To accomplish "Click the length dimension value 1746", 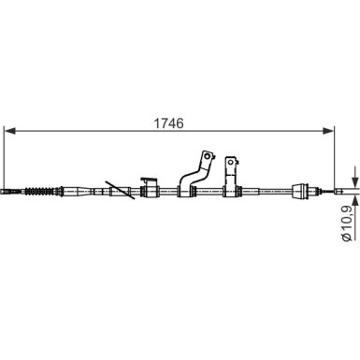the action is [169, 123].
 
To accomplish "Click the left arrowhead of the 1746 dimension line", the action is [10, 131].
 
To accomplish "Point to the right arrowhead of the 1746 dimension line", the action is [327, 131].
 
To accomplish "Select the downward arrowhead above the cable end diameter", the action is [354, 181].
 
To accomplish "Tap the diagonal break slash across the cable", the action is [120, 190].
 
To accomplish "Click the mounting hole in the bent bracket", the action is [207, 156].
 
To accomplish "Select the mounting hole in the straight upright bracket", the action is [231, 162].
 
